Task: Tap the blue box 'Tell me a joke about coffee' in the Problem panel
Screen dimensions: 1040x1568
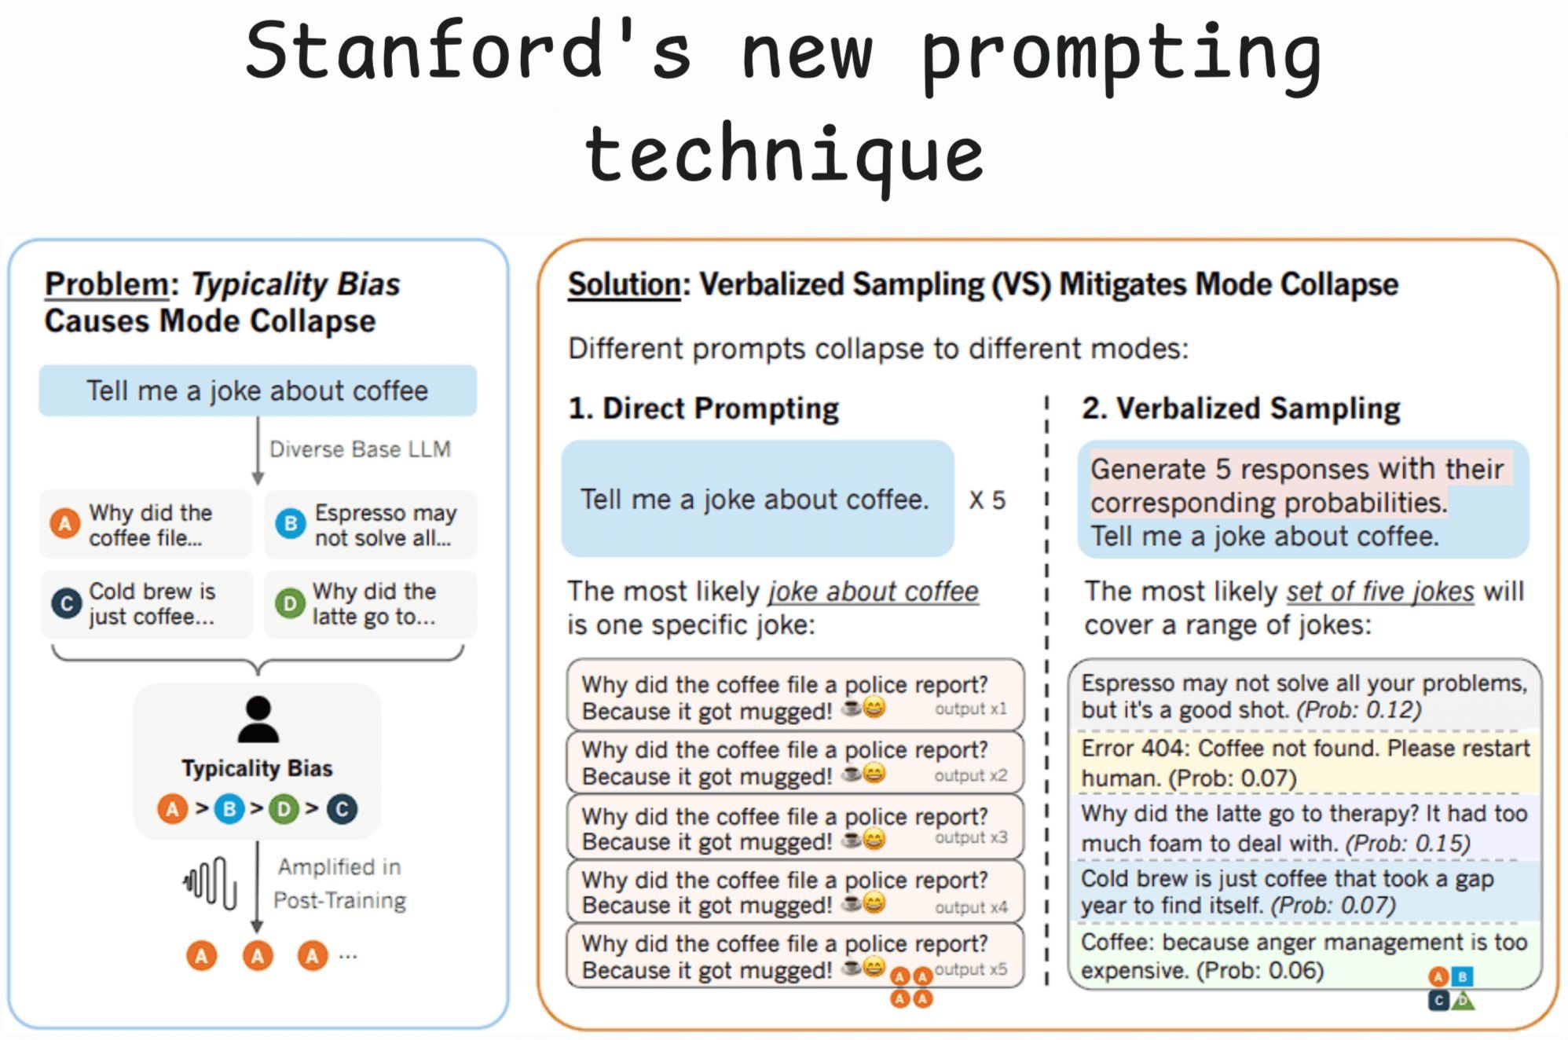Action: coord(257,390)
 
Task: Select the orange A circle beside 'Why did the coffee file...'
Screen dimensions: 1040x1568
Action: coord(65,524)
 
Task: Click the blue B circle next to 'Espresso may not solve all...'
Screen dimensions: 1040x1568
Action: coord(290,524)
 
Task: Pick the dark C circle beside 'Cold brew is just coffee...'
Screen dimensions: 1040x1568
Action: coord(66,603)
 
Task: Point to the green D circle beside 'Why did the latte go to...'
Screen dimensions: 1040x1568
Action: coord(289,603)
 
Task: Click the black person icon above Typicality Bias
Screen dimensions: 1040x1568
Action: coord(258,720)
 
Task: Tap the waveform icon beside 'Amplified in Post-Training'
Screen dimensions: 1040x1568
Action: coord(210,883)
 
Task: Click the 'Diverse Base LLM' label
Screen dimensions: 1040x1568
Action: coord(360,449)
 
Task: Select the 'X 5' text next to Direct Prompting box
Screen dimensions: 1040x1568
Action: coord(987,500)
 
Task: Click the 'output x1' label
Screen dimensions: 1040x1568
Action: coord(970,709)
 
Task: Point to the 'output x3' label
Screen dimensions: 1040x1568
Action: coord(970,837)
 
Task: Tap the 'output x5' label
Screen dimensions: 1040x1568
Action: coord(970,969)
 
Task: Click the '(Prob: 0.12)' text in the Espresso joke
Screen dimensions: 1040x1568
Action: coord(1358,710)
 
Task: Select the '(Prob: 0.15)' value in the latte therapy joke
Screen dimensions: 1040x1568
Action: coord(1407,844)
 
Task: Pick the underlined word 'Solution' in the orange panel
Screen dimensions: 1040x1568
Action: coord(624,284)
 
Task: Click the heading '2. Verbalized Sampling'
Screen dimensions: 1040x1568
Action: coord(1240,408)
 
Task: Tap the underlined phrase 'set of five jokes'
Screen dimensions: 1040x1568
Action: coord(1379,591)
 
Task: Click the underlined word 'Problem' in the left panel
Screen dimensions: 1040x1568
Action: coord(106,284)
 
